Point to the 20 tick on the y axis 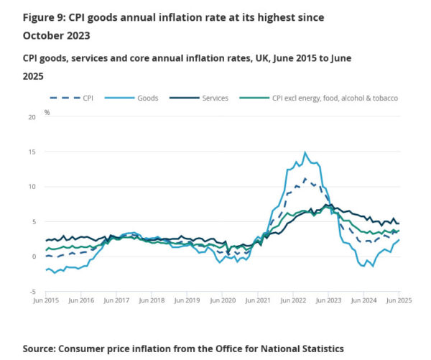[x=34, y=116]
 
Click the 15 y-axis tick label [x=34, y=152]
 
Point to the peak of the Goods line [x=305, y=152]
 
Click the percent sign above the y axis [x=47, y=112]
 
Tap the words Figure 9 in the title [x=45, y=17]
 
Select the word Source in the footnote [x=42, y=348]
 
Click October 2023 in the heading [x=57, y=34]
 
